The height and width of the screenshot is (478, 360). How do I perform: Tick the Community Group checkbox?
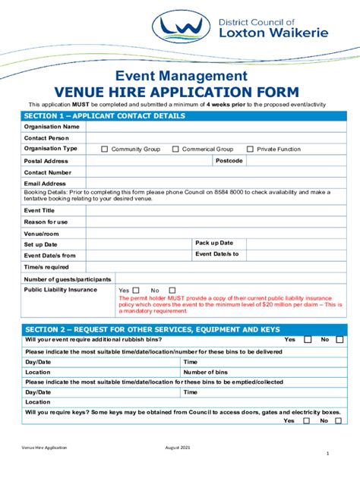point(105,149)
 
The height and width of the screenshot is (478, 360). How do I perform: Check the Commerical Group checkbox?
point(175,149)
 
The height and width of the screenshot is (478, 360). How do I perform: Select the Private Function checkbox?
point(250,149)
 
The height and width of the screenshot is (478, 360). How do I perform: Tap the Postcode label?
point(229,161)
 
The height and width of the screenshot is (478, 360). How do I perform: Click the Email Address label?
point(45,184)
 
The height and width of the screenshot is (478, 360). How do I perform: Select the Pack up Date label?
point(213,243)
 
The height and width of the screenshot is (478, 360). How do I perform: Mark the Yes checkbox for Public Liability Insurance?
point(137,290)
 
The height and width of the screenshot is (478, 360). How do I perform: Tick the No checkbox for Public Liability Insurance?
point(172,290)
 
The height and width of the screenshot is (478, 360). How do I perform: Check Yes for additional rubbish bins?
point(308,340)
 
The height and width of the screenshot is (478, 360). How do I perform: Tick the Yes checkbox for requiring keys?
point(308,420)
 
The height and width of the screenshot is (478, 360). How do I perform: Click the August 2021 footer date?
point(181,448)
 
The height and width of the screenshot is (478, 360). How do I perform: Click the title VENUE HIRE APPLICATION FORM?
point(180,91)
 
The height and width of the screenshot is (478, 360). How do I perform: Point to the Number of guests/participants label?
point(68,279)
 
